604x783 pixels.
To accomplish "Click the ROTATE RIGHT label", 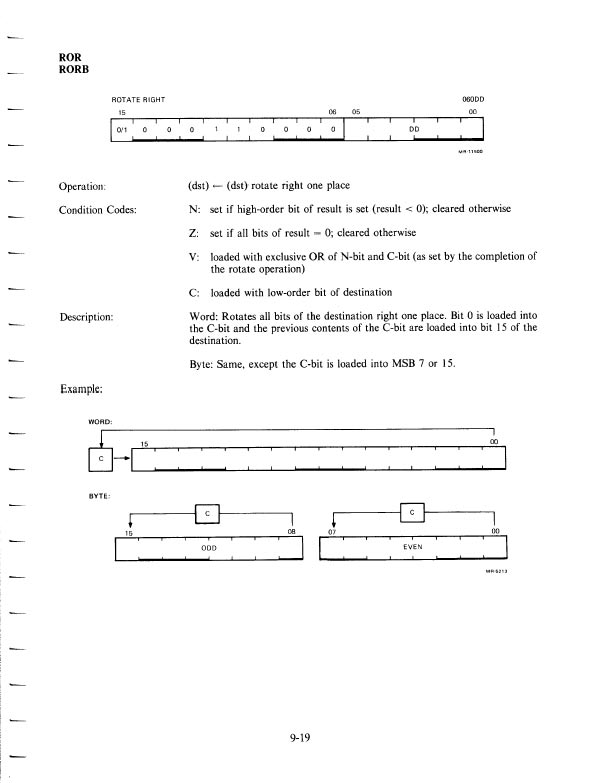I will point(138,100).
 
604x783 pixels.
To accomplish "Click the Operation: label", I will point(88,187).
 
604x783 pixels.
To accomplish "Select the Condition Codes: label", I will point(104,209).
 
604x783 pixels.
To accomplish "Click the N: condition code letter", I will point(194,209).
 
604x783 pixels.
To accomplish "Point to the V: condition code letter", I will point(194,257).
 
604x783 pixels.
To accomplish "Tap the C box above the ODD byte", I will point(207,513).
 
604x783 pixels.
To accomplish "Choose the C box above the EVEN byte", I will point(412,513).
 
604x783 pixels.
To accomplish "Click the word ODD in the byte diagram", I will point(209,549).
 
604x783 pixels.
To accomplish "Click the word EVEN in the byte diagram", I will point(413,549).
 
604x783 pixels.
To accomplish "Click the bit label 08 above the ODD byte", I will point(292,533).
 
